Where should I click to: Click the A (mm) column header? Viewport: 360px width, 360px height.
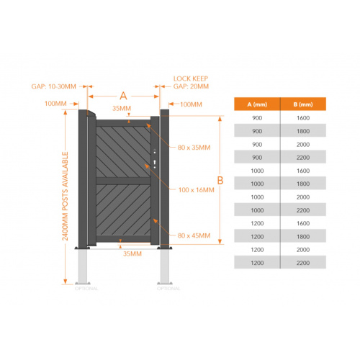pos(257,104)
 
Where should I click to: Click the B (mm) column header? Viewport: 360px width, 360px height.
pos(303,104)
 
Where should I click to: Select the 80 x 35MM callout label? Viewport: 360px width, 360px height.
pos(194,148)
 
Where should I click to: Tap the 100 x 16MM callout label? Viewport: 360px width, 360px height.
pos(196,190)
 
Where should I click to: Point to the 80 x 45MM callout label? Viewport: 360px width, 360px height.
pos(194,235)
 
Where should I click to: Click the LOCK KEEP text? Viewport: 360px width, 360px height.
pos(191,78)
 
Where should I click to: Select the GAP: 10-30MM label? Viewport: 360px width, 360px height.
pos(53,86)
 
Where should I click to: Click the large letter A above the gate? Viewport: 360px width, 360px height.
pos(123,96)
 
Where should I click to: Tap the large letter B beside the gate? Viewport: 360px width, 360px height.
pos(220,180)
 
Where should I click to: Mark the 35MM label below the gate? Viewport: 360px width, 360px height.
pos(132,253)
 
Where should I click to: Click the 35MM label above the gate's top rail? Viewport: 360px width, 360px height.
pos(122,108)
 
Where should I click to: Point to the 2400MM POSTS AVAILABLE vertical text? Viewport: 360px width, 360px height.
pos(65,196)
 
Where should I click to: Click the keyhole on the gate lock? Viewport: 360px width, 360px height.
pos(155,163)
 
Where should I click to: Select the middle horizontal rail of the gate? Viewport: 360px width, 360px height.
pos(123,181)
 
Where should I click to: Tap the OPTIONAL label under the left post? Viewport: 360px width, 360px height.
pos(86,288)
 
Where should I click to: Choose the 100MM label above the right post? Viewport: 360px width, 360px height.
pos(191,104)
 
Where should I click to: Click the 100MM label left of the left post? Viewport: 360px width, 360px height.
pos(55,104)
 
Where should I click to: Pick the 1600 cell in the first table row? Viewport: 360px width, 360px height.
pos(303,118)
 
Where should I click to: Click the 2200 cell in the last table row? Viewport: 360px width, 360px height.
pos(303,263)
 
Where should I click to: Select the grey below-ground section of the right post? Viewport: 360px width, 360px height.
pos(165,266)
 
